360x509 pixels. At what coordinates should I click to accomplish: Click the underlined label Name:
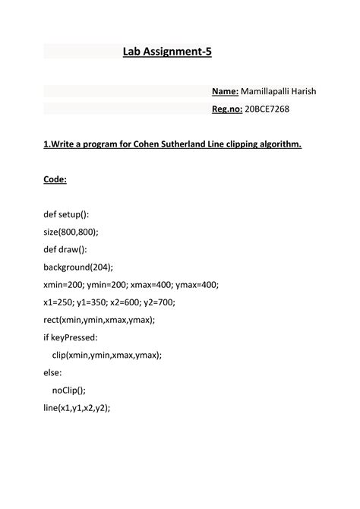(x=225, y=91)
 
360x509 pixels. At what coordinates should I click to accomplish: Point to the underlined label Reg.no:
(x=226, y=109)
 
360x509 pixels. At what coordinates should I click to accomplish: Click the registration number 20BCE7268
(x=267, y=109)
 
